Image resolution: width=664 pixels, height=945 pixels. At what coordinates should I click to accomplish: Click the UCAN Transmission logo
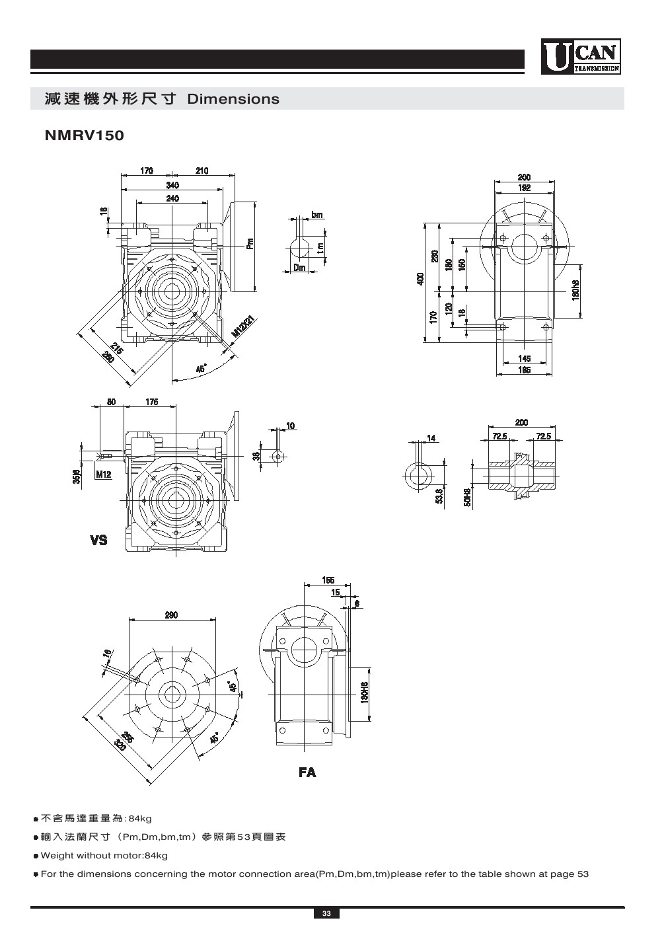coord(581,57)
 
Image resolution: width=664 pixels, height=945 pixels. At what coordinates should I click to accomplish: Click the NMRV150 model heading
coord(84,135)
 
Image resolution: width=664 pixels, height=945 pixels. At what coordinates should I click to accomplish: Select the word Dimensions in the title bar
coord(233,99)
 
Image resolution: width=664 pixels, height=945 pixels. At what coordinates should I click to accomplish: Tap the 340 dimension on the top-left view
coord(172,185)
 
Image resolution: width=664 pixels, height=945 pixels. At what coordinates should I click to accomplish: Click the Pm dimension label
coord(250,245)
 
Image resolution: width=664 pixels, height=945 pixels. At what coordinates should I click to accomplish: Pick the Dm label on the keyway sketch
coord(299,268)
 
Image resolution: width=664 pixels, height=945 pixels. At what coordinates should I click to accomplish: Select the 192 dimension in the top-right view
coord(524,188)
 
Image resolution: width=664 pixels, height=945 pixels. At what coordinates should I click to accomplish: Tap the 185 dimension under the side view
coord(524,371)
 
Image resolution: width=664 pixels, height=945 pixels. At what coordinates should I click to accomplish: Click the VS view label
coord(98,541)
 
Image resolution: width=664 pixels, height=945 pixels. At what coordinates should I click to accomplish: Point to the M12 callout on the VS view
coord(103,474)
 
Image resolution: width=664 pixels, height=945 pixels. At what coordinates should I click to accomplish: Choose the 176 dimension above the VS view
coord(151,402)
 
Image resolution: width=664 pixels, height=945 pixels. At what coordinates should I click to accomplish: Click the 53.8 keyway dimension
coord(439,496)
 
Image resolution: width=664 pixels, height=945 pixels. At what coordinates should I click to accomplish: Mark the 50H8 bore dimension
coord(467,497)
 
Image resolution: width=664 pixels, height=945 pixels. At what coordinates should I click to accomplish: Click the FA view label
coord(307,772)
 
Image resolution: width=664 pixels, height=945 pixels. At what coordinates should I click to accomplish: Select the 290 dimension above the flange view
coord(171,615)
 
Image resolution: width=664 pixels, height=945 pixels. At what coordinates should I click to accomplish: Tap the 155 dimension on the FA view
coord(328,580)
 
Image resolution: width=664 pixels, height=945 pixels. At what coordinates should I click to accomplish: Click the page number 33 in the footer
coord(326,914)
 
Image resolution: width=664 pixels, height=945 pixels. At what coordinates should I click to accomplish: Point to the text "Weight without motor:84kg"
coord(104,856)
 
